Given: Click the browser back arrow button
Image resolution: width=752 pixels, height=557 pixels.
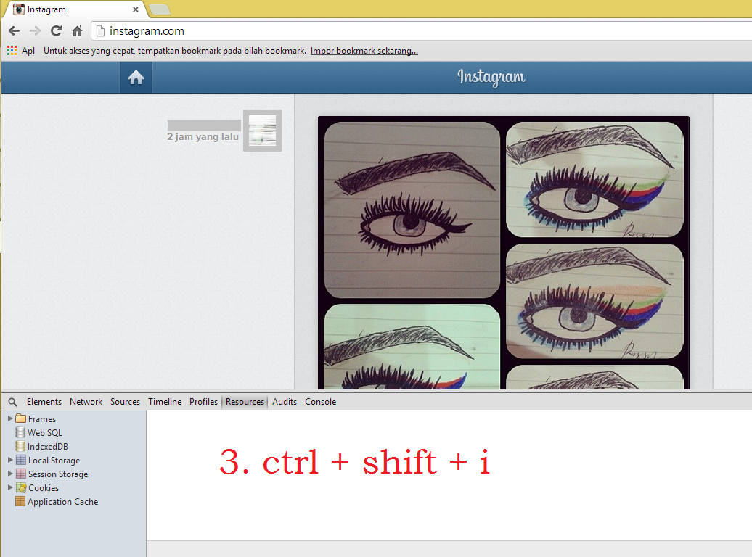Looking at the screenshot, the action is point(15,31).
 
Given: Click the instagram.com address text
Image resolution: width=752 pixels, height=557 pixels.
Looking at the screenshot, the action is point(147,31).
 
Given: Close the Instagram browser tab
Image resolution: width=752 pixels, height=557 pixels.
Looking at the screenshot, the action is point(136,9).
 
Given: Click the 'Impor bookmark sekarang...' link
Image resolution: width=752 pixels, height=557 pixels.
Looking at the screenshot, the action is point(364,51).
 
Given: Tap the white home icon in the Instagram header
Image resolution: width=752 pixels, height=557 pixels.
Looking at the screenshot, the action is point(136,77).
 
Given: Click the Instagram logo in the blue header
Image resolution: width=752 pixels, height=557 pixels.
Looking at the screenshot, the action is point(491,77).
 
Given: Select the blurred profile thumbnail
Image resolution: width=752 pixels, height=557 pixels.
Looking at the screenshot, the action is point(262,131).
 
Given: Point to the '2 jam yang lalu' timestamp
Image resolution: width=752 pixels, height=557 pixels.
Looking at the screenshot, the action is point(203,136).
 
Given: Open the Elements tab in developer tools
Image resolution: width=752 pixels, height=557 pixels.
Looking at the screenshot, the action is point(44,402).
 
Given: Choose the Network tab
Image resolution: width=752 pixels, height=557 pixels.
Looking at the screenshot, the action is point(86,402).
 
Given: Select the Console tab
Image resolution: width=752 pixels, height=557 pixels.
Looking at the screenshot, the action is point(320,402).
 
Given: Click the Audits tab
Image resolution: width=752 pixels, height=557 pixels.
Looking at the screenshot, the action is point(285,402).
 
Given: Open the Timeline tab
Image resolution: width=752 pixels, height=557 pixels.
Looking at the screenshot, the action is point(165,402).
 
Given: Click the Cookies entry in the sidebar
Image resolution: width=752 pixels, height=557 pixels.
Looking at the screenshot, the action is point(43,488).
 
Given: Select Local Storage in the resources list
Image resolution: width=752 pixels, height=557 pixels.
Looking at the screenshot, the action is point(54,460).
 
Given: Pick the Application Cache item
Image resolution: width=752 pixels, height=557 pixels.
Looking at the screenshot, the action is point(62,502).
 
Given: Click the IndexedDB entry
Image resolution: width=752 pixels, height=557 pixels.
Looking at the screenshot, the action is point(47,446).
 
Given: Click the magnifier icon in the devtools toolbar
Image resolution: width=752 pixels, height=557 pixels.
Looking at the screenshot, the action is point(13,403).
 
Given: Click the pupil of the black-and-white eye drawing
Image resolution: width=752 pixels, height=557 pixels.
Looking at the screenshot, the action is point(411,222).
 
